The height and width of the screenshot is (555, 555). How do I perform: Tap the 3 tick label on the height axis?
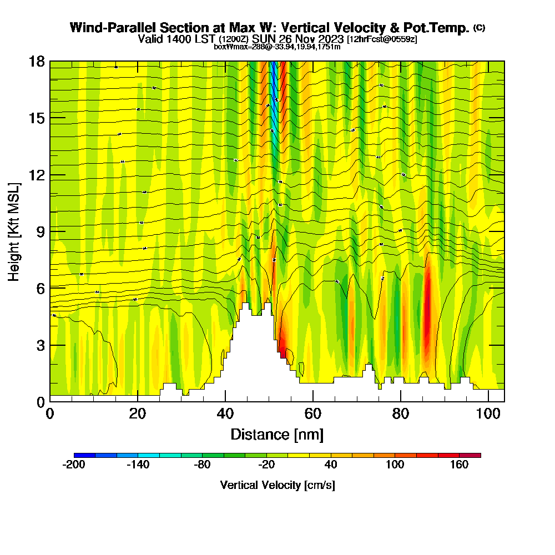41,345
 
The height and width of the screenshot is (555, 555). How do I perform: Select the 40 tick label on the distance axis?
225,413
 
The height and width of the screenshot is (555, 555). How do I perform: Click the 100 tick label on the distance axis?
488,413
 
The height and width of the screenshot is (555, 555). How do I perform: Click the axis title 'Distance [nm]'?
277,434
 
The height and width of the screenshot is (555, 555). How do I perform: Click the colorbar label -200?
74,465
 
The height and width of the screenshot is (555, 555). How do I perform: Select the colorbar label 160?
460,465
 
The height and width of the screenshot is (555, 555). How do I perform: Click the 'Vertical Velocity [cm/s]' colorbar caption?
277,485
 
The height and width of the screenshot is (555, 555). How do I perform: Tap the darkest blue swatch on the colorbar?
84,455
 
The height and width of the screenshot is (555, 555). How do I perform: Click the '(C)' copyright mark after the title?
479,28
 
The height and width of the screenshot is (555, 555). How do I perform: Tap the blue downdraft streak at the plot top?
273,89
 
